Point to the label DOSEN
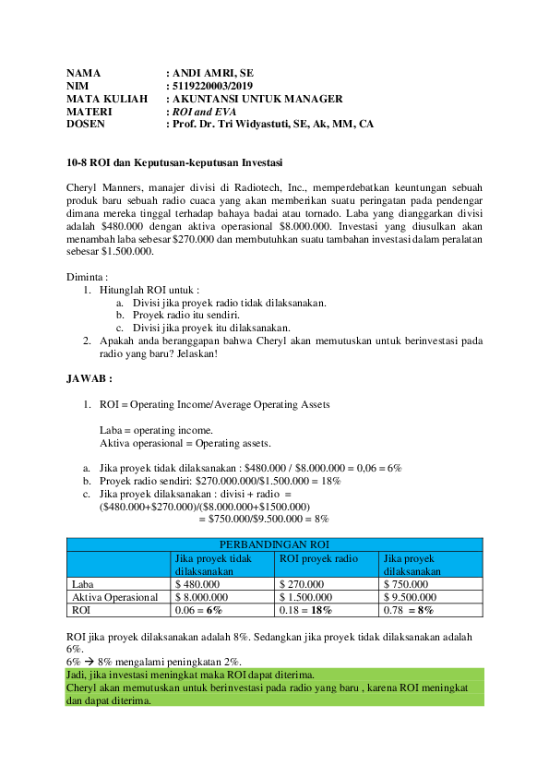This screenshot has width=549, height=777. tap(86, 124)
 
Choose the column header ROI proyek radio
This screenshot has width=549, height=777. tap(318, 558)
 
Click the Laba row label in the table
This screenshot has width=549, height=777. tap(83, 584)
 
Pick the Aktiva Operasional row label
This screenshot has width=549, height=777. tap(114, 597)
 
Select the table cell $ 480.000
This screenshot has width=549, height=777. tap(197, 584)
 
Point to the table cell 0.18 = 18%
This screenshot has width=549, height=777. tap(305, 610)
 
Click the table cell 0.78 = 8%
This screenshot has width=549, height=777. tap(409, 610)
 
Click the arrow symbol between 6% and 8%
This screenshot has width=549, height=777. tap(92, 663)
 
